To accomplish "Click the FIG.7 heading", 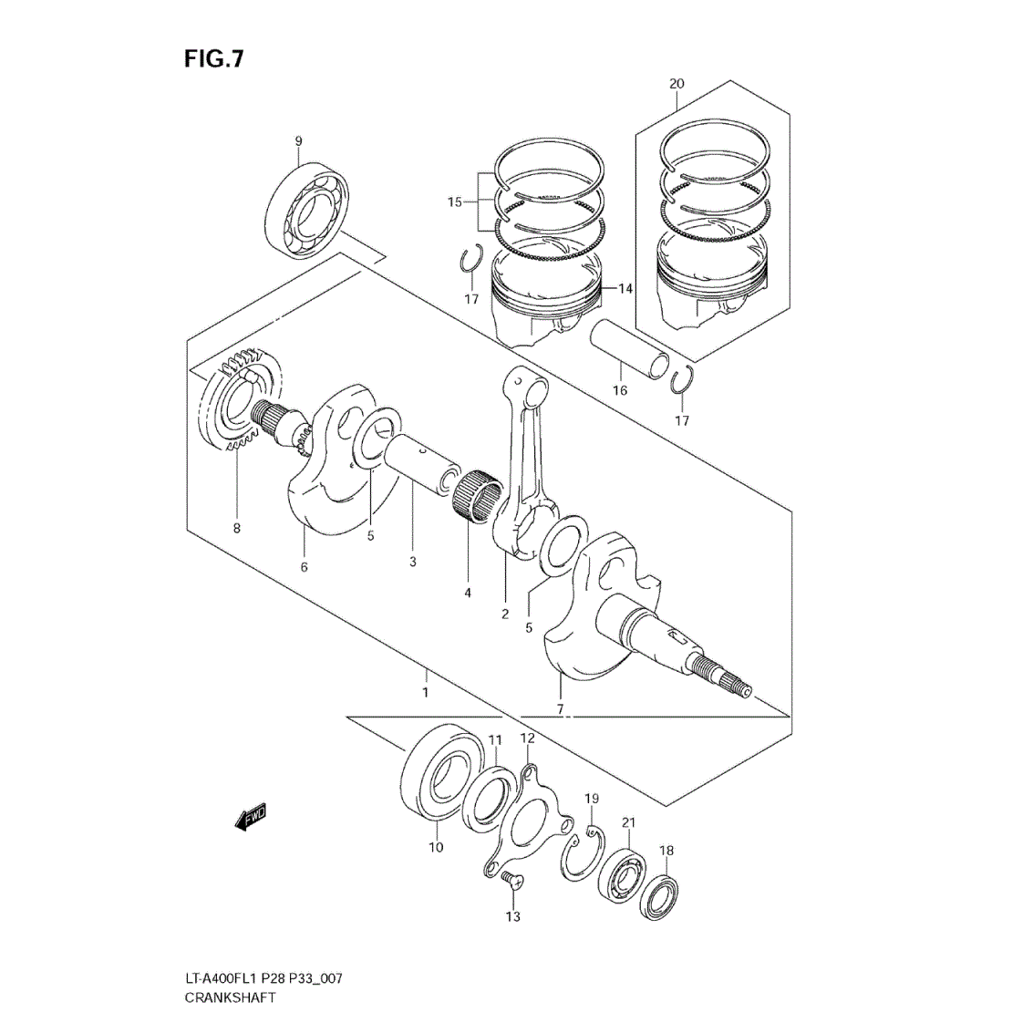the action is pos(214,58).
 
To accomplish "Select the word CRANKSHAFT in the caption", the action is pos(230,997).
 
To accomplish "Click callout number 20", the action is pos(677,84).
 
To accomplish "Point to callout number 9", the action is pos(298,141).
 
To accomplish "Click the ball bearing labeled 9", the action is pos(310,211).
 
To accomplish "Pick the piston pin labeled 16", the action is pos(629,349).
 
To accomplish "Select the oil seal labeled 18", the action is pos(660,896).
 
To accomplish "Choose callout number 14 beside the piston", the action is pos(625,288).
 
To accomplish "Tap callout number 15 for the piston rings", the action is pos(455,201).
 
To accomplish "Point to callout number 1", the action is pos(426,692).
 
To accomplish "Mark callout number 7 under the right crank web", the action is pos(560,709).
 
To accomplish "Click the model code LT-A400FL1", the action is pos(222,978).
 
